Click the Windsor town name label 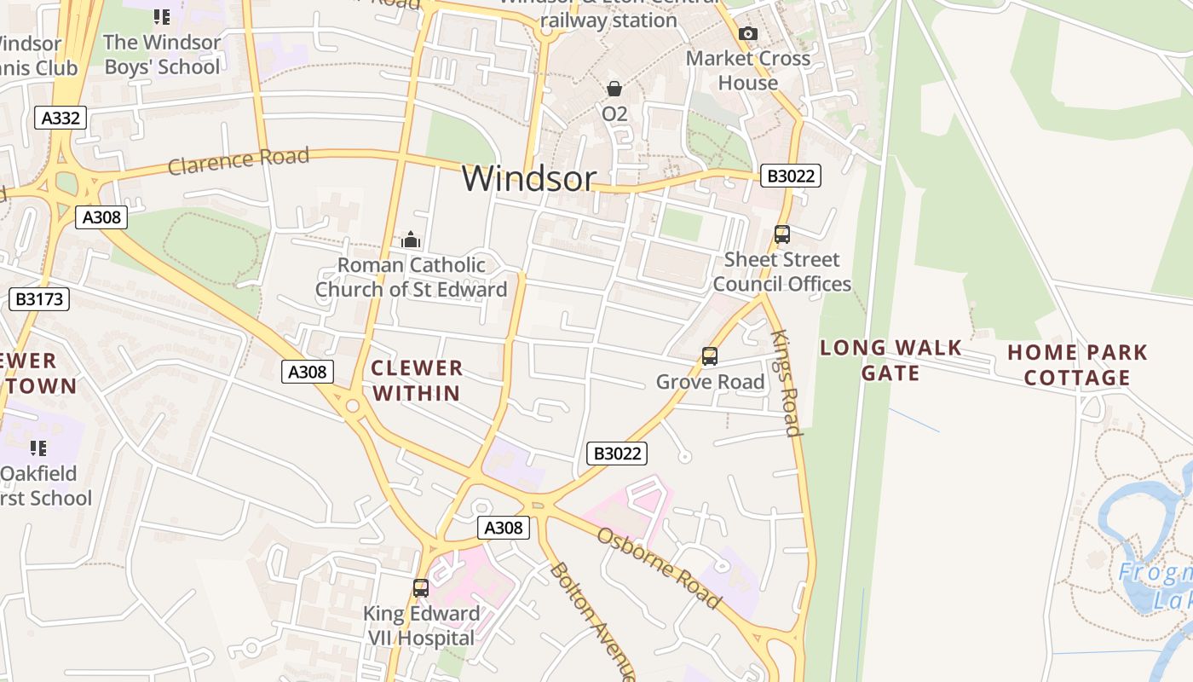click(x=528, y=178)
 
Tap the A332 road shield click(x=61, y=118)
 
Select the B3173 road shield click(x=38, y=299)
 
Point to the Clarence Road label click(x=238, y=160)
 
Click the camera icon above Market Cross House click(x=748, y=33)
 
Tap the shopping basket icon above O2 click(x=614, y=89)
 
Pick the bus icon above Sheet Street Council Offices click(x=781, y=234)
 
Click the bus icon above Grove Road click(x=709, y=356)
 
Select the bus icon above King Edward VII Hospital click(x=421, y=587)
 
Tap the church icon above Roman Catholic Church click(x=411, y=240)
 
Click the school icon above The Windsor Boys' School click(x=162, y=16)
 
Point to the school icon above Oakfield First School click(x=38, y=448)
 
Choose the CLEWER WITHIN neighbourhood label click(x=417, y=380)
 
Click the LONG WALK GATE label click(x=890, y=360)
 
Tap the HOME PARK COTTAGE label click(x=1077, y=365)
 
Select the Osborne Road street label click(x=659, y=568)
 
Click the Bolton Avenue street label click(x=593, y=620)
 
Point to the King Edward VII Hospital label click(x=422, y=626)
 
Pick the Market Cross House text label click(x=748, y=71)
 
